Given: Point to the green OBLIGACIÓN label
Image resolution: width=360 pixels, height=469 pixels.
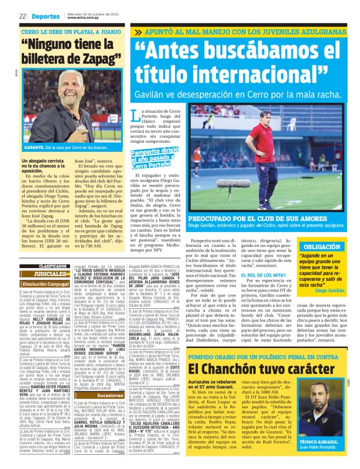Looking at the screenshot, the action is [x=323, y=246].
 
